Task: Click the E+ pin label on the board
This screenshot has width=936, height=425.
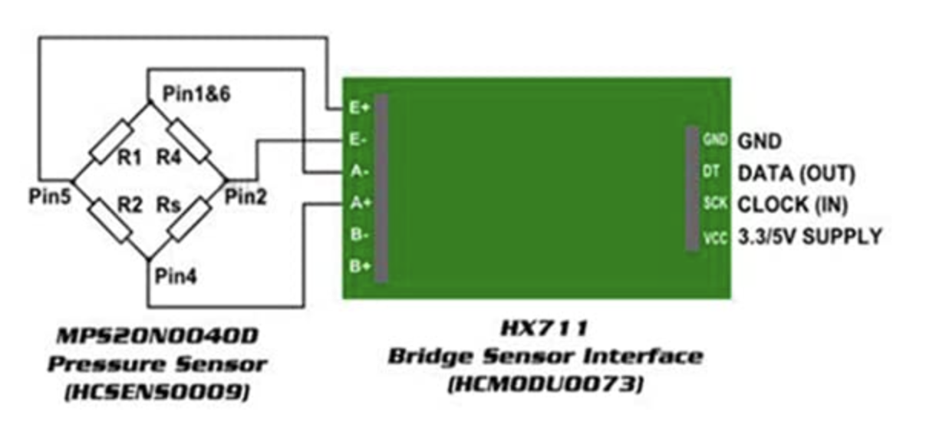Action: pos(359,108)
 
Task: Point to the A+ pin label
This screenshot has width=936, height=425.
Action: pos(359,203)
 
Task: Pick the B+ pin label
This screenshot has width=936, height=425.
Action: pos(359,265)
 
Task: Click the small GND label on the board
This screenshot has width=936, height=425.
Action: pos(713,141)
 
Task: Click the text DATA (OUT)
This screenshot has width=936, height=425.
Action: pos(796,173)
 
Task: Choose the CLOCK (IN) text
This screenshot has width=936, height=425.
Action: pos(794,205)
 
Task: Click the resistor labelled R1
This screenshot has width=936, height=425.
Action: pos(112,141)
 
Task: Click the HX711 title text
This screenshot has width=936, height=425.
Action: pos(545,329)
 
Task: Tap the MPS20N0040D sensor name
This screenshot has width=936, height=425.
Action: pos(158,337)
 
